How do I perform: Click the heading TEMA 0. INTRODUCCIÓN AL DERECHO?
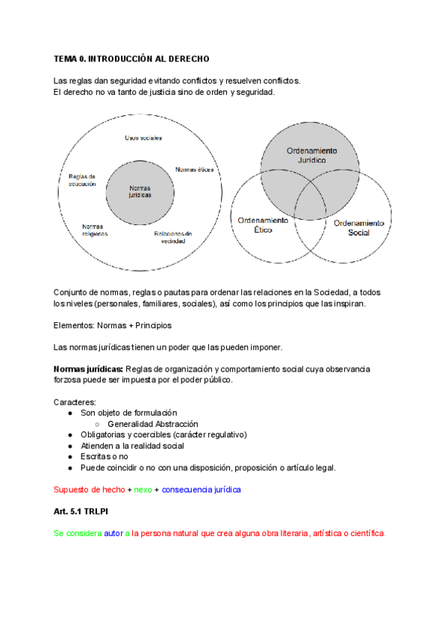coord(131,58)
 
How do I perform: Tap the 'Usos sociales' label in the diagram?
coord(143,138)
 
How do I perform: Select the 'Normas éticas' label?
coord(194,170)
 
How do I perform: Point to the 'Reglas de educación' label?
coord(82,180)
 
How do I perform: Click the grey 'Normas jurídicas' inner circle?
coord(140,191)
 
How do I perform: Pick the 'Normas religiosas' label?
coord(95,230)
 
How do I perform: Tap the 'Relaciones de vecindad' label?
coord(173,236)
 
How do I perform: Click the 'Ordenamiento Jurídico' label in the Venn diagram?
coord(311,156)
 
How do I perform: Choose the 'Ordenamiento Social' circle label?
coord(358,228)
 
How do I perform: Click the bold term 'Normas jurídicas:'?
coord(88,369)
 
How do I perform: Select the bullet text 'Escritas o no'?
coord(105,456)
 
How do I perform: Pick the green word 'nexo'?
coord(143,490)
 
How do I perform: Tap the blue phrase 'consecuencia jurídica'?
coord(201,490)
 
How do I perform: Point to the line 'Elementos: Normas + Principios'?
coord(112,325)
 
